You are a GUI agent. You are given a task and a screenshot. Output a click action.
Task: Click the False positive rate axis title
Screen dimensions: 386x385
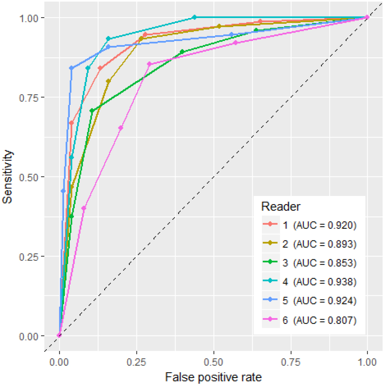213,377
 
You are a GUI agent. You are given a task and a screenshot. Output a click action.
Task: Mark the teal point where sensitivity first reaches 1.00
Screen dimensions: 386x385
194,17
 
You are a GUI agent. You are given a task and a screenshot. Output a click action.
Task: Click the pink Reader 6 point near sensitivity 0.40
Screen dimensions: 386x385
84,208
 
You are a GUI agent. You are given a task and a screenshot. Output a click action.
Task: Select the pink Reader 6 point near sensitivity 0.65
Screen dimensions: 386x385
121,128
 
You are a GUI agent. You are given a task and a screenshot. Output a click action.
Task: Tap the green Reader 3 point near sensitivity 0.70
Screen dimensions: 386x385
92,111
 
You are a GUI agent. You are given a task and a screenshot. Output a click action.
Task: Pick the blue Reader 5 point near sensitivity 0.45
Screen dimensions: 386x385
63,191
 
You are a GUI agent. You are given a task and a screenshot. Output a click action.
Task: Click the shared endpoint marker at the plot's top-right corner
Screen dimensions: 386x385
367,17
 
